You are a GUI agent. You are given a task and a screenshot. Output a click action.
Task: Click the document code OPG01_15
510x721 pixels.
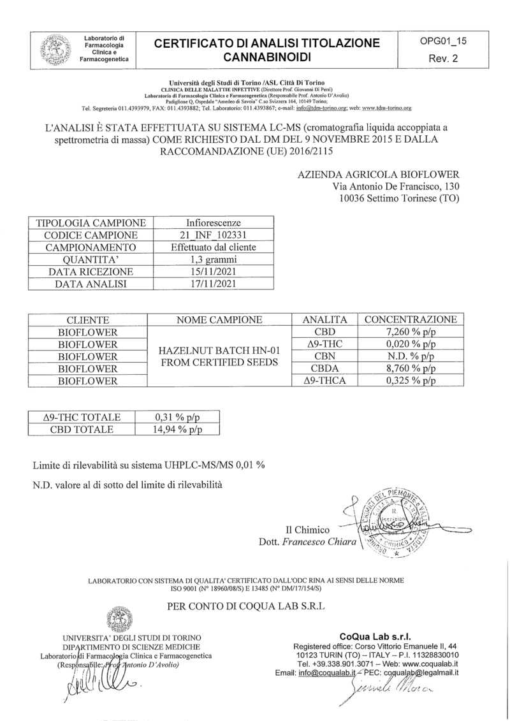[x=443, y=41]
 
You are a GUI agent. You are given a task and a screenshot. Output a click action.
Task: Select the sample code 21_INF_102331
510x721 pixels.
[x=213, y=235]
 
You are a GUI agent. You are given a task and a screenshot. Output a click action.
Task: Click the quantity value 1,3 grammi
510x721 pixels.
[x=213, y=259]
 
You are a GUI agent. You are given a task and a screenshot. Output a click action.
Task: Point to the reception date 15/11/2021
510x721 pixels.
[x=213, y=272]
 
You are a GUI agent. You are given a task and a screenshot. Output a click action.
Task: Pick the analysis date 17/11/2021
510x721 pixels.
[x=213, y=284]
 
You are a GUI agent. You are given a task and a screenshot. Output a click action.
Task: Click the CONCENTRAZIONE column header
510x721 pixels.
[x=411, y=320]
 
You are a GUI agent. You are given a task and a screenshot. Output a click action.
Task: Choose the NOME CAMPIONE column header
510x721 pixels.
[x=219, y=320]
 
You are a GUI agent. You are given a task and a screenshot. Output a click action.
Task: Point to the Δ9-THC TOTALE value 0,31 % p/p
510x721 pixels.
[x=178, y=417]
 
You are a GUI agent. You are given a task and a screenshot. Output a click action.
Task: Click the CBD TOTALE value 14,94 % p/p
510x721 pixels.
[x=178, y=429]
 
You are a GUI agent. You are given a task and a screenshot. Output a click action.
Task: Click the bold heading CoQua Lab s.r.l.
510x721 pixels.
[x=376, y=636]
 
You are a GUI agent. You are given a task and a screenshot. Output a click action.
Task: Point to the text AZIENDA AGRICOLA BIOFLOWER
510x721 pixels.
[x=378, y=175]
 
